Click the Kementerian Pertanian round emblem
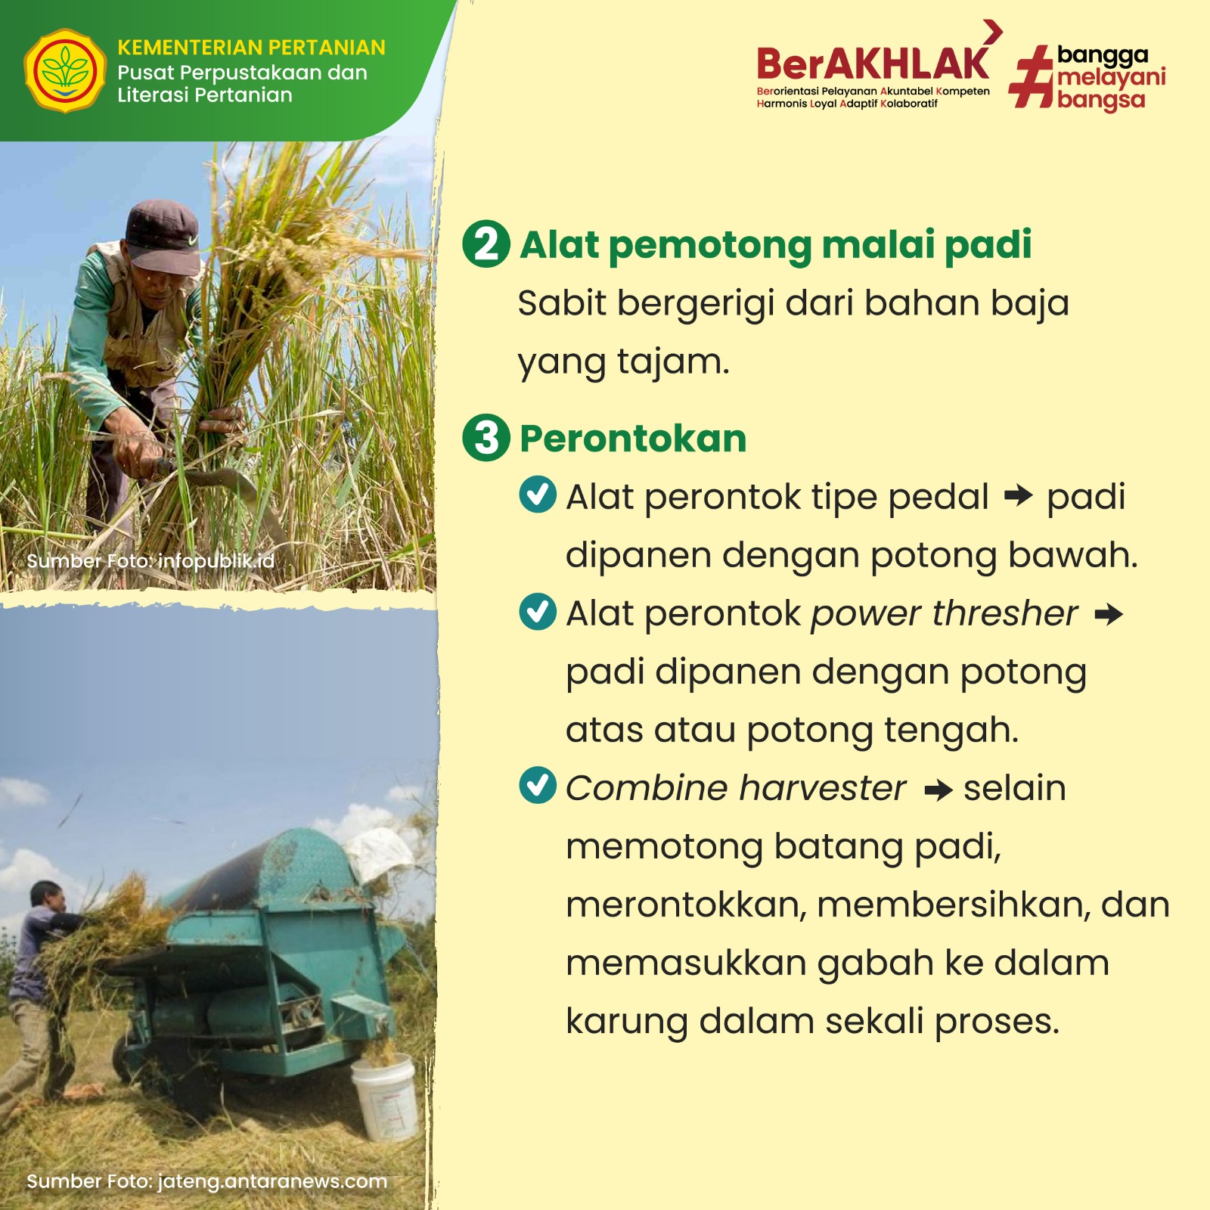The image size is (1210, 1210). point(65,71)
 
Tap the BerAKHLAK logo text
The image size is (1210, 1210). point(873,64)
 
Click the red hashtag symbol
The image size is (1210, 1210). point(1032,76)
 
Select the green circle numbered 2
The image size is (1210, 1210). point(486,244)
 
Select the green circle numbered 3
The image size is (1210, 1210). point(486,438)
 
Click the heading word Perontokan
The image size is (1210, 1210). point(633,439)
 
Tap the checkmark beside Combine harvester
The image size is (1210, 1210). point(538,785)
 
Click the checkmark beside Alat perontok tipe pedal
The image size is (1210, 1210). point(538,495)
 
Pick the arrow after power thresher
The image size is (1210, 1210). point(1109,614)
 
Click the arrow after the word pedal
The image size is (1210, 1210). point(1018,496)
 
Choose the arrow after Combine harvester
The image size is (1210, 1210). point(939,791)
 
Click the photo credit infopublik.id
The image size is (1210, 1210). point(150,561)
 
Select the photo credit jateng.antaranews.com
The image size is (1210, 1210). point(206,1181)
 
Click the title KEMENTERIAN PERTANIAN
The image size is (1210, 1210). point(251,48)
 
